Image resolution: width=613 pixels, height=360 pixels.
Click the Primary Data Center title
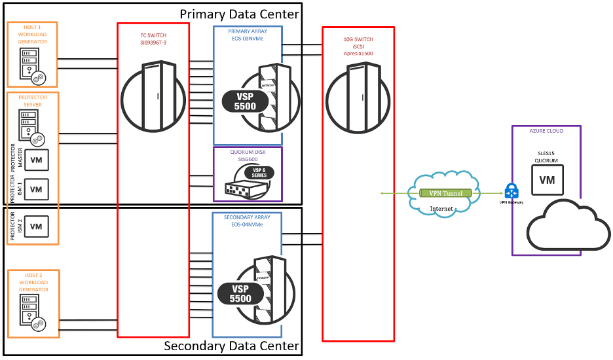[239, 14]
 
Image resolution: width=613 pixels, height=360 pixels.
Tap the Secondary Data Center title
[231, 346]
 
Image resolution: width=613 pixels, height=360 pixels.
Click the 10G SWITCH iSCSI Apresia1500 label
[358, 46]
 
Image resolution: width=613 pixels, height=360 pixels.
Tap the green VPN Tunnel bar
[445, 193]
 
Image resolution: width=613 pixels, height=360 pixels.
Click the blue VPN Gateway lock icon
[512, 191]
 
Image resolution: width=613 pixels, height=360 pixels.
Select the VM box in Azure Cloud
[548, 179]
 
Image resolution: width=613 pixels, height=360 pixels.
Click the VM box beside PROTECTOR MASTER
[36, 160]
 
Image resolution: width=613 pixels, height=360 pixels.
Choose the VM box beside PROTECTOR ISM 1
[36, 190]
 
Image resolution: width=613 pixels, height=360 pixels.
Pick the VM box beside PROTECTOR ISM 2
[36, 226]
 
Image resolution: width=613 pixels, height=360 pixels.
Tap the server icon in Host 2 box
[31, 312]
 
